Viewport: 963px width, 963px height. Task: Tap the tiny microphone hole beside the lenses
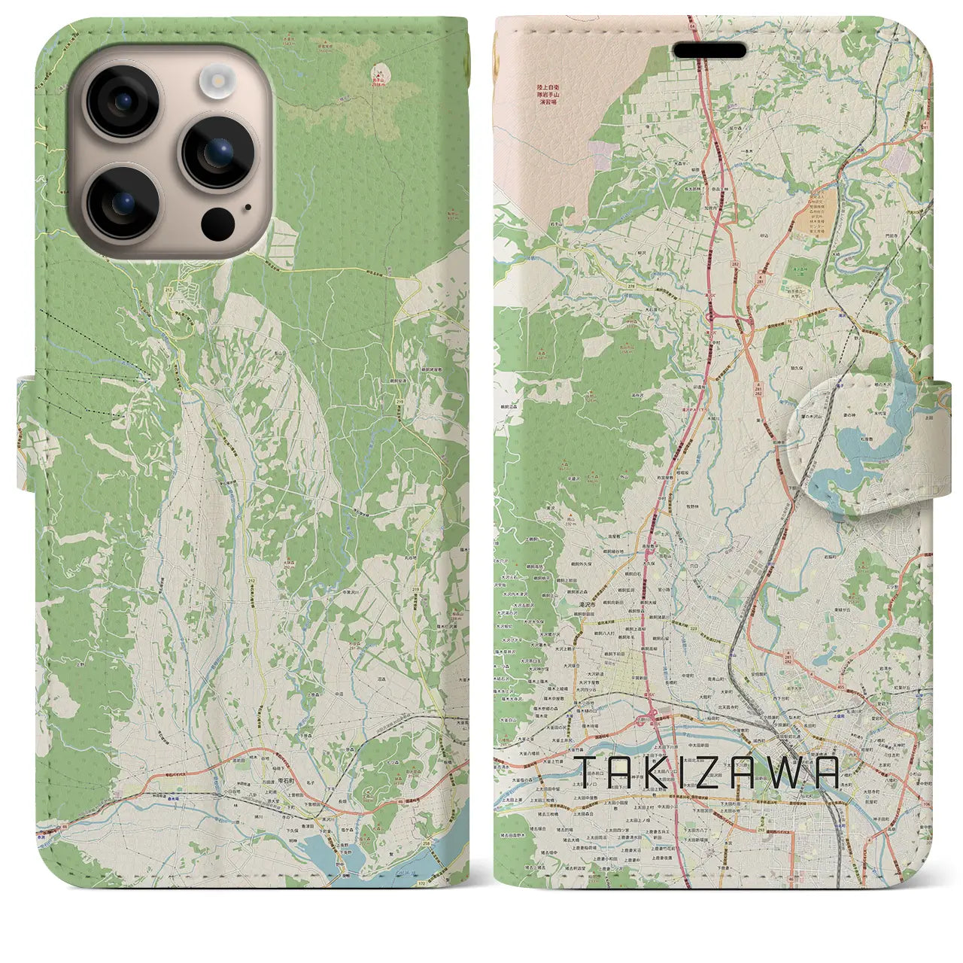click(248, 208)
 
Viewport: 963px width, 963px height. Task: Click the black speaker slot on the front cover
click(709, 50)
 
